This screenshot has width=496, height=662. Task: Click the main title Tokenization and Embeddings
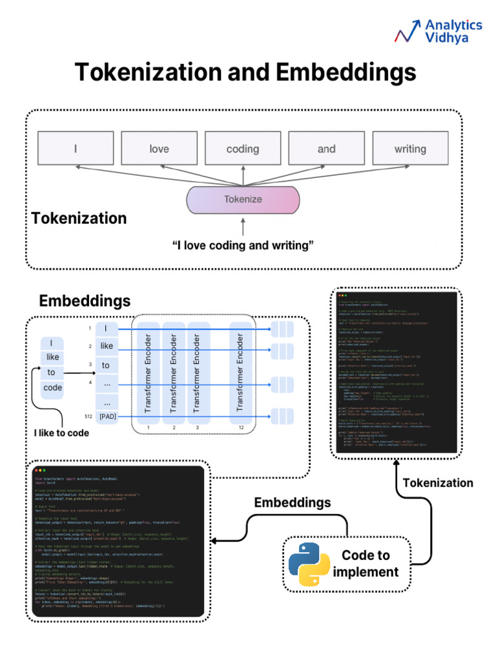pos(245,72)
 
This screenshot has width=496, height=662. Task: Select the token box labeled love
pos(159,149)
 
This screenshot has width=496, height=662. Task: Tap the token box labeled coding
pos(242,149)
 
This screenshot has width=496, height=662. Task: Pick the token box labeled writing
pos(410,149)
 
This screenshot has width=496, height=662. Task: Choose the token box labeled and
pos(326,149)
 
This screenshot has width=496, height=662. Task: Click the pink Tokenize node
pos(243,199)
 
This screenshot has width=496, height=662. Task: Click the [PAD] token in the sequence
pos(108,416)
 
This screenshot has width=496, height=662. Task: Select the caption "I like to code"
pos(61,432)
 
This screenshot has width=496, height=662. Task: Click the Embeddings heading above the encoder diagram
pos(85,301)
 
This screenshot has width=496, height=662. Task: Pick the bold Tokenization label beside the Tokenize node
pos(79,218)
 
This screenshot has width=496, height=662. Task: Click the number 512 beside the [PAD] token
pos(89,416)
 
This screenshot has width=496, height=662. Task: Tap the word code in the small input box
pos(52,388)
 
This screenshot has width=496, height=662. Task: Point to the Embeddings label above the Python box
pos(293,502)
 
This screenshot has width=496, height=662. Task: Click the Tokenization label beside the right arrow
pos(438,482)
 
